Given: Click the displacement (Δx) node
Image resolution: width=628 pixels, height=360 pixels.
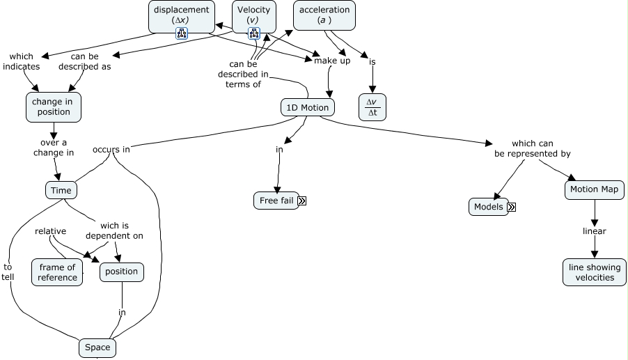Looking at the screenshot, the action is point(182,17).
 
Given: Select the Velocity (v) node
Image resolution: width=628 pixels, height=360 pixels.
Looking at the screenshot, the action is point(254,17).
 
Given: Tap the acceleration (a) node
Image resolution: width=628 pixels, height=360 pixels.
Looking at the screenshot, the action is point(324,15).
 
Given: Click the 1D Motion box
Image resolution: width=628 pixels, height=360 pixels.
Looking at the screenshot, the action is point(308,107).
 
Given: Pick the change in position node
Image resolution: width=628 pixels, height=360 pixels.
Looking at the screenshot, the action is point(54,107).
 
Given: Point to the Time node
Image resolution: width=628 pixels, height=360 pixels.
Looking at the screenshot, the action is point(61,190).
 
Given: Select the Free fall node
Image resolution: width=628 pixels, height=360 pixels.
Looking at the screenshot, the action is point(276,201).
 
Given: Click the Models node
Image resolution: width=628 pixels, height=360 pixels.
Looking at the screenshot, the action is point(489,207).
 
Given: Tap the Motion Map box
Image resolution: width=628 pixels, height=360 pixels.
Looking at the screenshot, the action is point(595,190).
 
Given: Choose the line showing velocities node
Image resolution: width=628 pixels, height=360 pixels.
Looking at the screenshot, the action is point(595,272).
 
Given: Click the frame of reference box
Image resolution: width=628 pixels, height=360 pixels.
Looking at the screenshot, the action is point(57,272).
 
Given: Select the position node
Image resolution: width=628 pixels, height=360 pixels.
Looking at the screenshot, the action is point(122,272).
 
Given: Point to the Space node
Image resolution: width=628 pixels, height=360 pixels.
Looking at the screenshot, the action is point(97,347).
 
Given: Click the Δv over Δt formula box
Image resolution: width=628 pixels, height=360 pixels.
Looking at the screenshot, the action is point(372,107).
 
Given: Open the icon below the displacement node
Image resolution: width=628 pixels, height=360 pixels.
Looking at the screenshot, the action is point(182,33).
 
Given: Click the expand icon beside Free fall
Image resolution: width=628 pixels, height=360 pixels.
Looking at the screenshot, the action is point(302,201).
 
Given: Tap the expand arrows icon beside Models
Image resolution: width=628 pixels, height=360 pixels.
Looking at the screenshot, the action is point(512,207).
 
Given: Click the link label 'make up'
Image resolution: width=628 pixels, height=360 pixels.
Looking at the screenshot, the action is point(332,61).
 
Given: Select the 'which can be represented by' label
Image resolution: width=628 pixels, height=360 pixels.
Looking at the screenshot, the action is point(533,148).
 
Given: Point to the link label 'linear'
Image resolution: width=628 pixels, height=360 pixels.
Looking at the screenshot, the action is point(595,231).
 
